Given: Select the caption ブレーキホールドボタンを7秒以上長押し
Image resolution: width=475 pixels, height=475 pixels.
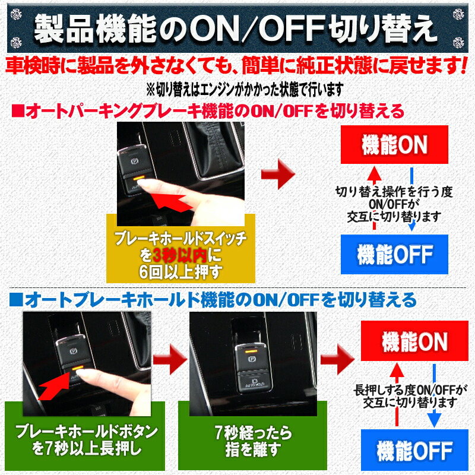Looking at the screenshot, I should (x=87, y=441).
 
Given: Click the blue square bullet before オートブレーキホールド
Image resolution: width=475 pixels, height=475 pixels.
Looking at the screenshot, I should (x=16, y=296).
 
